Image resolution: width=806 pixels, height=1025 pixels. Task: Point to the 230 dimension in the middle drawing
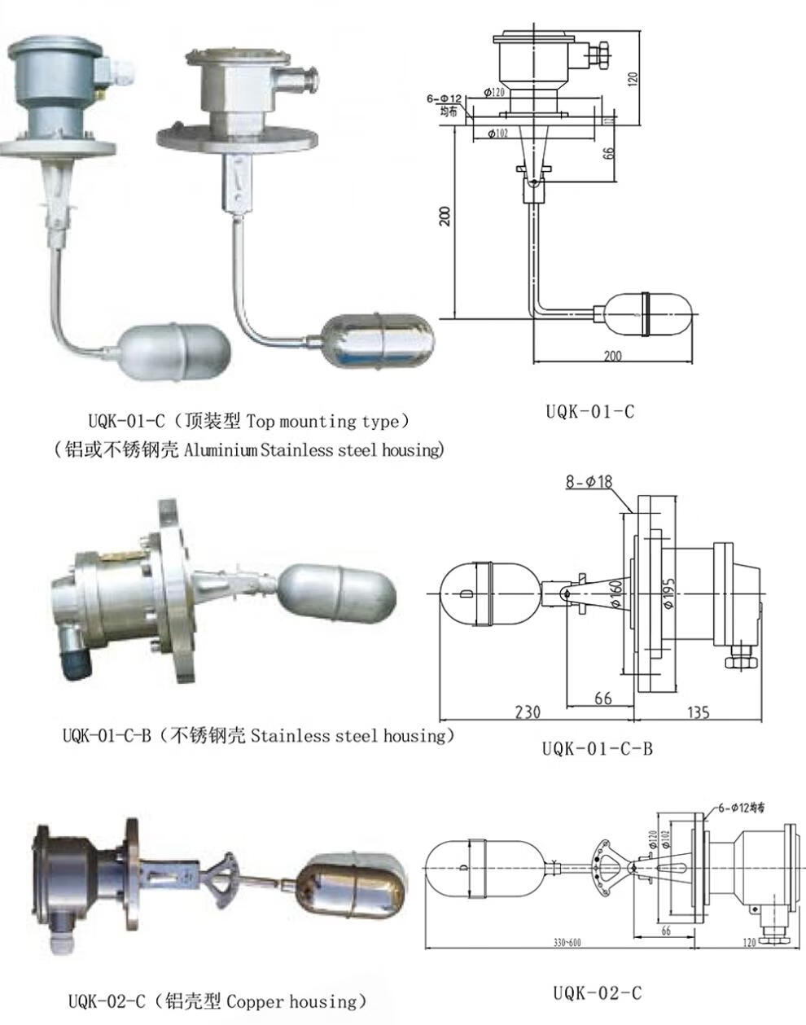(528, 712)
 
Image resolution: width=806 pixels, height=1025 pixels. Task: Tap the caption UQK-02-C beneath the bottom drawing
(598, 992)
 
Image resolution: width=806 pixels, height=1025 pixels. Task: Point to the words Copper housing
(291, 1001)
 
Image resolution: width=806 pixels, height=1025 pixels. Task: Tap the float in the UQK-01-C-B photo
(337, 590)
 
